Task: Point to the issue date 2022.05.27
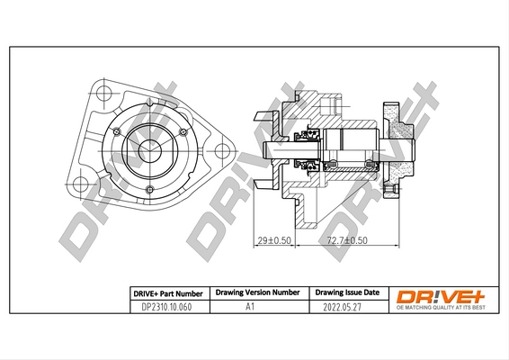346,307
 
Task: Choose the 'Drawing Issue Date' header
346,293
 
